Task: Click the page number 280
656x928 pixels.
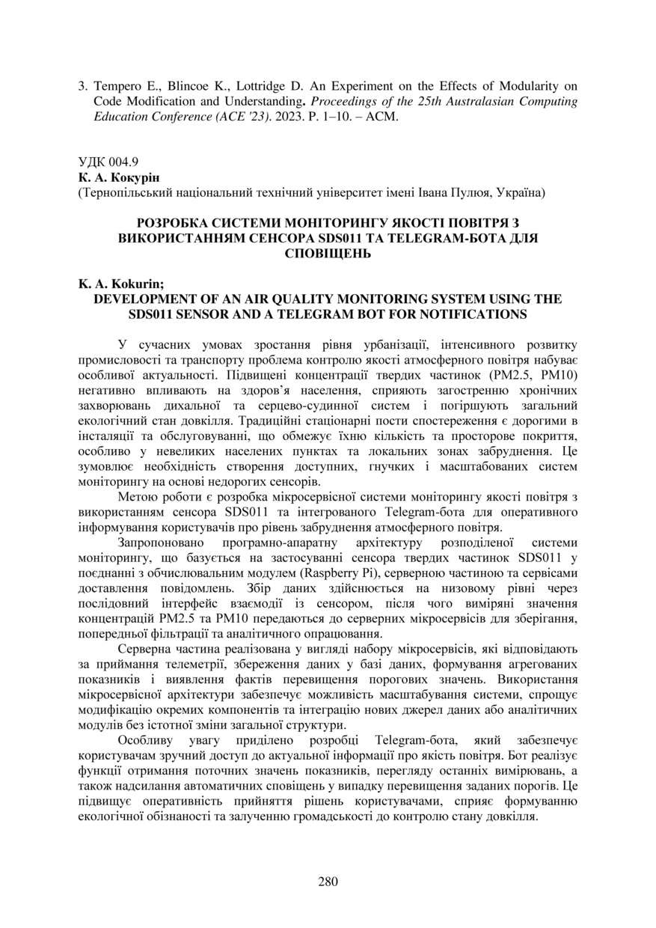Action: click(x=328, y=881)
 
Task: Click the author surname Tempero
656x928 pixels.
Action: click(x=117, y=86)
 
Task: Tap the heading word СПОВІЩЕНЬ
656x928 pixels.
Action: click(x=328, y=254)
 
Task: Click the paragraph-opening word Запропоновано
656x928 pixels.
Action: click(x=158, y=543)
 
